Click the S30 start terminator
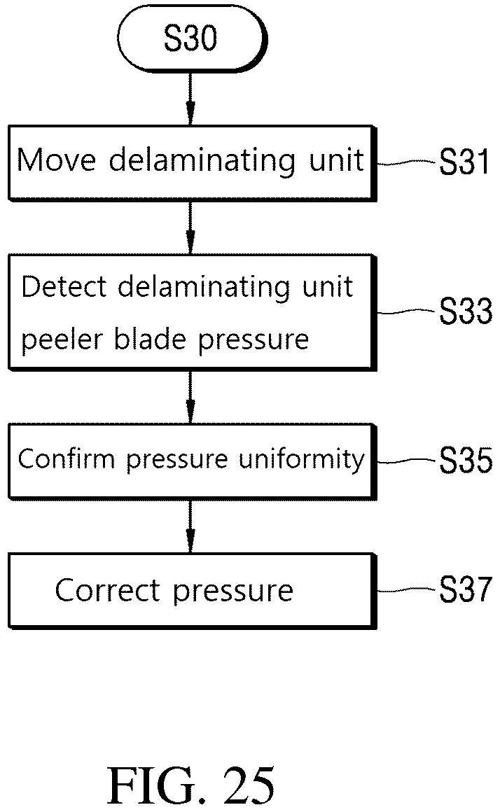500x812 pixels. pyautogui.click(x=192, y=38)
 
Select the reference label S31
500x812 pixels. pyautogui.click(x=464, y=162)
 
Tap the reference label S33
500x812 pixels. pyautogui.click(x=465, y=311)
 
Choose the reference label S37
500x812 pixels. pyautogui.click(x=465, y=589)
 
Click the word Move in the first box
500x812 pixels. pyautogui.click(x=57, y=160)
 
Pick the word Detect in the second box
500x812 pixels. pyautogui.click(x=64, y=286)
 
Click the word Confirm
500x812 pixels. pyautogui.click(x=67, y=458)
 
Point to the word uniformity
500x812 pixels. pyautogui.click(x=302, y=460)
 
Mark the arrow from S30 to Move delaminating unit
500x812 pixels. pyautogui.click(x=190, y=99)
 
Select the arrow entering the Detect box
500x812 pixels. pyautogui.click(x=190, y=227)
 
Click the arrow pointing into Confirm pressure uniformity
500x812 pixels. pyautogui.click(x=190, y=397)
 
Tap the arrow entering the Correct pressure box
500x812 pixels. pyautogui.click(x=190, y=526)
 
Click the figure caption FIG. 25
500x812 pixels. pyautogui.click(x=190, y=785)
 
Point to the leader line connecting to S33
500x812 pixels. pyautogui.click(x=407, y=311)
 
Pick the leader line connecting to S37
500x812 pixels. pyautogui.click(x=407, y=589)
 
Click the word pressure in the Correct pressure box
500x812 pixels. pyautogui.click(x=233, y=592)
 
